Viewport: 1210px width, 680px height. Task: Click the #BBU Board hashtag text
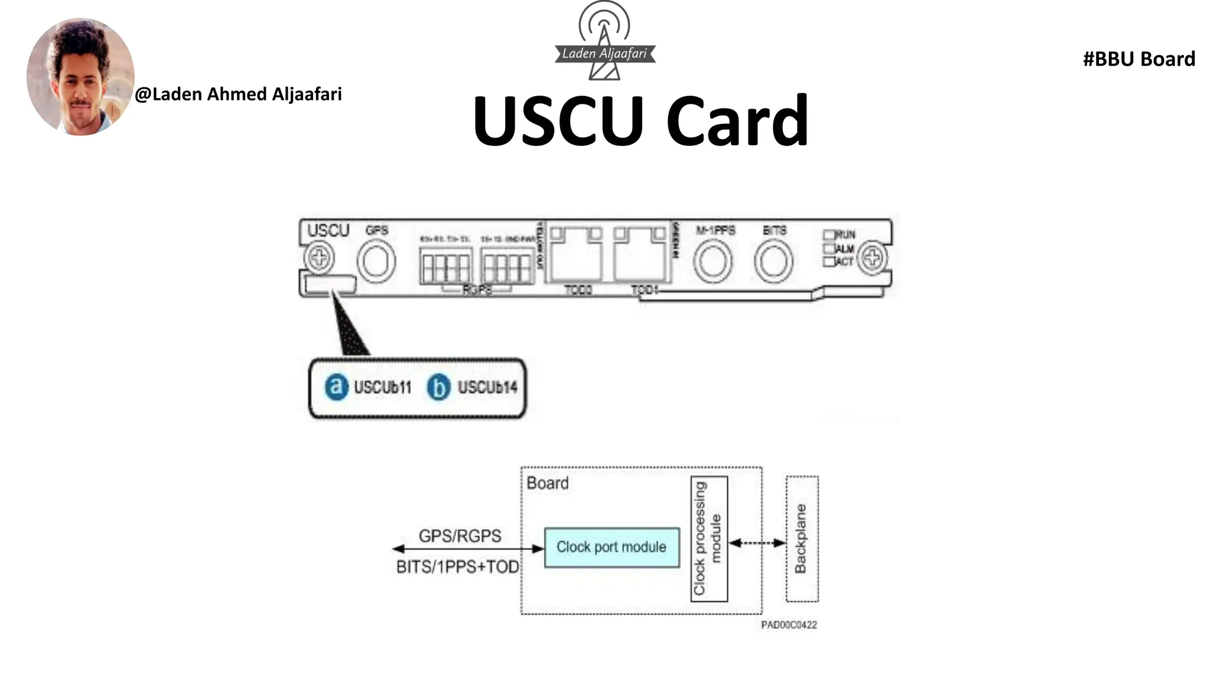coord(1139,59)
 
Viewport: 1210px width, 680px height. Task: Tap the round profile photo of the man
coord(80,77)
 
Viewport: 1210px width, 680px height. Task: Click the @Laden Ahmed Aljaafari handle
coord(238,94)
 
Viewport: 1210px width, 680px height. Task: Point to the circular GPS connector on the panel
coord(376,261)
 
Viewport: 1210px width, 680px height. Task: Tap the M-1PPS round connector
coord(713,261)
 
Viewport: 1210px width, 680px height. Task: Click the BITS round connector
coord(773,261)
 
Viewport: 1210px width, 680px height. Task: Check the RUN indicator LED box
coord(830,235)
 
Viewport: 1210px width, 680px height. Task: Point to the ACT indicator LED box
coord(830,261)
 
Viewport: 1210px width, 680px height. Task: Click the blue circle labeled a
coord(337,387)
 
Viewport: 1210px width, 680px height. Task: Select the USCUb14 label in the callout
coord(487,387)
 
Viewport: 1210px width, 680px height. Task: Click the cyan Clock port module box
coord(611,547)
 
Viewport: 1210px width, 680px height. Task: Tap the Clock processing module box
coord(708,539)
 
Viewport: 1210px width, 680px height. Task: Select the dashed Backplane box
coord(802,539)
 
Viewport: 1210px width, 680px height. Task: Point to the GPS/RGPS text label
coord(460,536)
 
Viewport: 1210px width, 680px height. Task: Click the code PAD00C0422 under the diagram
coord(789,625)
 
